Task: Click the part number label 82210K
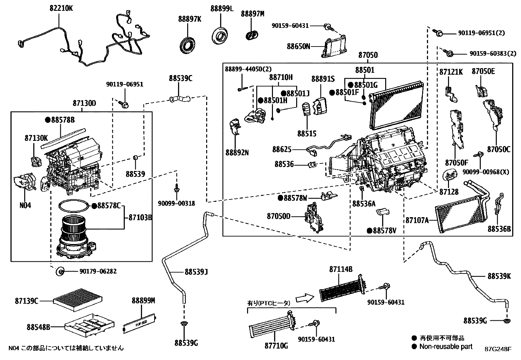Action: [61, 8]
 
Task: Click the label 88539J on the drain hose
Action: [196, 272]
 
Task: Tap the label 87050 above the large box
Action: [368, 55]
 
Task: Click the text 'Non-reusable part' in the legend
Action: [446, 346]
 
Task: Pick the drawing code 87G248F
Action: [498, 349]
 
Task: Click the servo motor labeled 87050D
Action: [313, 218]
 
